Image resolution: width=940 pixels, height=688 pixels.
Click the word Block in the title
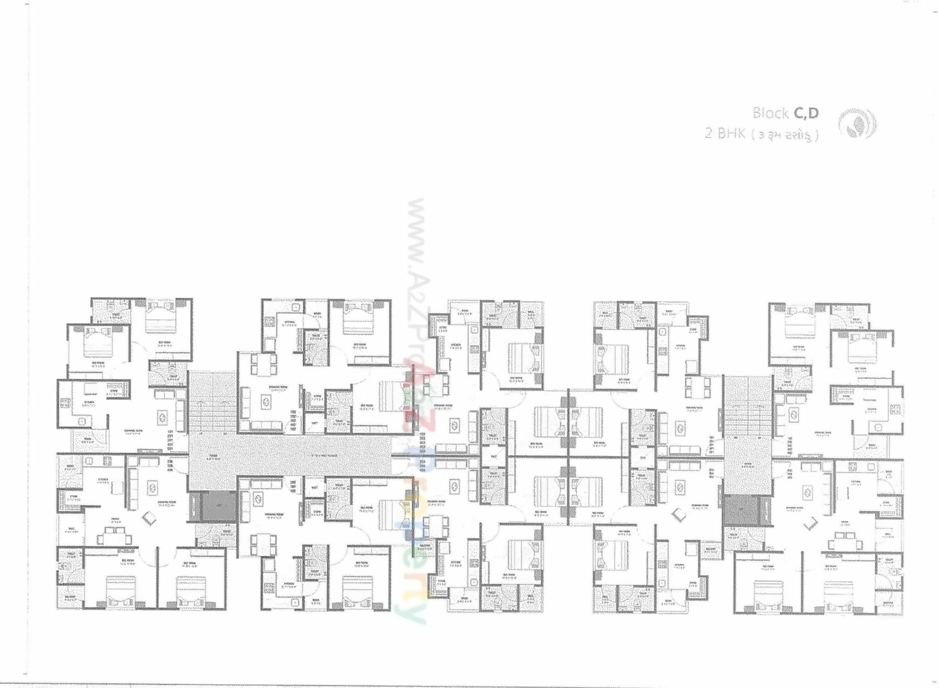(x=770, y=113)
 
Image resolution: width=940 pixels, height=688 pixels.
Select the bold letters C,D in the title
(x=806, y=113)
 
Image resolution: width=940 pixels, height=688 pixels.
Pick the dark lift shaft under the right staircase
(x=740, y=511)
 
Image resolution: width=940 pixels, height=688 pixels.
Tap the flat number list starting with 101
(x=170, y=441)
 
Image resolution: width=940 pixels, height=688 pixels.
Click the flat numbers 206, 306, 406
(x=170, y=465)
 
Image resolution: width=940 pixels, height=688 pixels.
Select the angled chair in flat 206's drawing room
(x=149, y=519)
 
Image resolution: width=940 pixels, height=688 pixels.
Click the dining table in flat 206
(x=114, y=535)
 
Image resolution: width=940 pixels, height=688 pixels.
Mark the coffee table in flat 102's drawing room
(x=265, y=401)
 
